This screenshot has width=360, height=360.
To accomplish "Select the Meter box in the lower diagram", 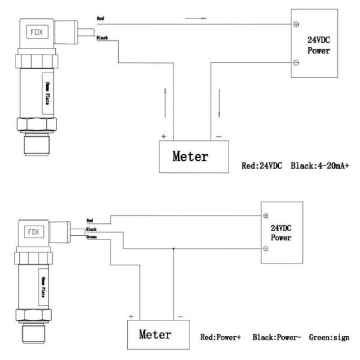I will (156, 334).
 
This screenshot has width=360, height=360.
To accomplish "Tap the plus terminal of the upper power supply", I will (296, 25).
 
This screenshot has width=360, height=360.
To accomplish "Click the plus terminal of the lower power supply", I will (266, 215).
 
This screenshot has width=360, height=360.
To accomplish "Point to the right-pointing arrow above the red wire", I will (196, 19).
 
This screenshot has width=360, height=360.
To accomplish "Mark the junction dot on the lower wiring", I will (173, 248).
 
